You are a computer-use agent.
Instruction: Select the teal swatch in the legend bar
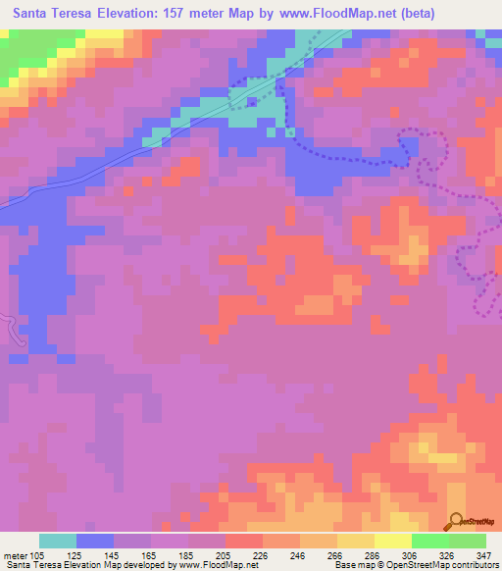click(x=58, y=541)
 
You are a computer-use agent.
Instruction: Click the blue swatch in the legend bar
click(x=95, y=541)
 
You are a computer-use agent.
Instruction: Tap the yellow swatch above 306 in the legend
click(x=393, y=541)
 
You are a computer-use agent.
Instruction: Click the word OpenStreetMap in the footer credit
click(x=395, y=564)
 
